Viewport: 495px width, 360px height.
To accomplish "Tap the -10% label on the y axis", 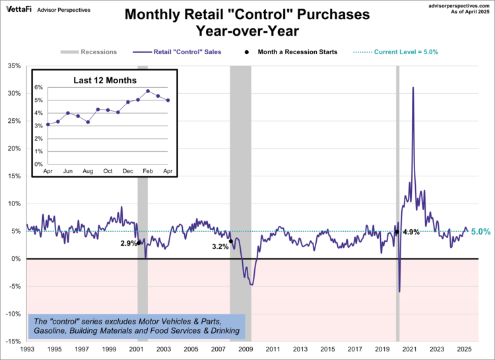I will [x=14, y=314].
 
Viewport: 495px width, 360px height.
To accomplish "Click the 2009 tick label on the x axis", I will [x=246, y=349].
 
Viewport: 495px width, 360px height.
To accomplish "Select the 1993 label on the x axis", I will [x=28, y=349].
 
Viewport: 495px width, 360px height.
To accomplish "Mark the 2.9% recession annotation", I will [x=129, y=244].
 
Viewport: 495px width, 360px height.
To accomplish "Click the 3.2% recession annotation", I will [x=220, y=246].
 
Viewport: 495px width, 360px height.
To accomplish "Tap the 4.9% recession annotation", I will [x=411, y=232].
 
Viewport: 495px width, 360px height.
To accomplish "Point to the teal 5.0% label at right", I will [x=480, y=232].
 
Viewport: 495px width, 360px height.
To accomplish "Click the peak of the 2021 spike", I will [x=413, y=87].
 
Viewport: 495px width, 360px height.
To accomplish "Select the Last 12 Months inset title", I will [x=104, y=80].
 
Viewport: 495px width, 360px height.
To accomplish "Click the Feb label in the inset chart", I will [x=148, y=171].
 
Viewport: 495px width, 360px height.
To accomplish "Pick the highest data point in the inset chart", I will [x=148, y=91].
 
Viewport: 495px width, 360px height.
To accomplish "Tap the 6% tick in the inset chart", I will [x=38, y=87].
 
